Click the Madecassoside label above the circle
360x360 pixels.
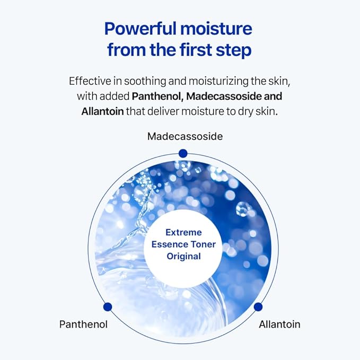click(185, 136)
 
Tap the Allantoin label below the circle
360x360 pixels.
click(279, 324)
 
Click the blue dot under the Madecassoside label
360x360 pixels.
click(183, 153)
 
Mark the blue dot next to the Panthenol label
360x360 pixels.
click(108, 306)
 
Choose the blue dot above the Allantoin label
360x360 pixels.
click(258, 306)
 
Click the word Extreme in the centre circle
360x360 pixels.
click(183, 232)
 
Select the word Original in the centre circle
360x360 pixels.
click(183, 256)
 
